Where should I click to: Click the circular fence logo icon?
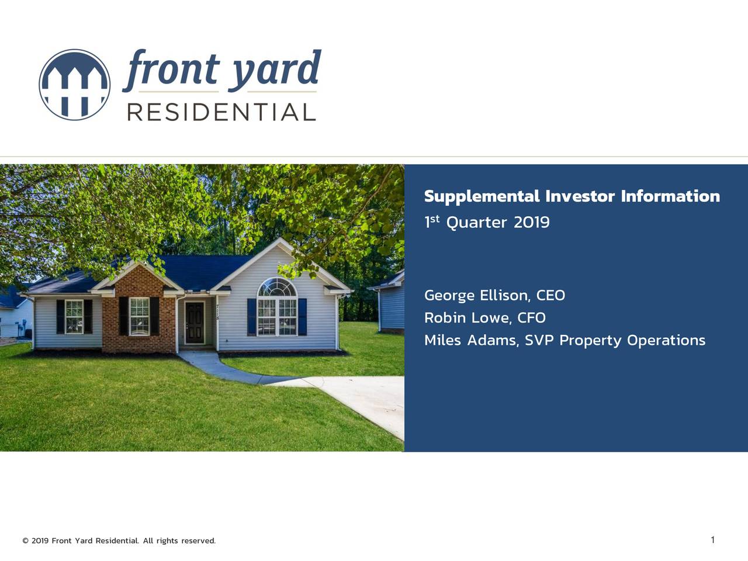[74, 85]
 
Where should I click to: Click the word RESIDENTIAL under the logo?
[221, 112]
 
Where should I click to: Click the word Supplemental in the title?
[482, 196]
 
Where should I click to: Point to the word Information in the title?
[670, 196]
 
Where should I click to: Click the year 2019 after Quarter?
[531, 223]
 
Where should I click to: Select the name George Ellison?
[476, 296]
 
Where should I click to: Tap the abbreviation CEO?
[550, 296]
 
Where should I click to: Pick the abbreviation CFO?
[531, 318]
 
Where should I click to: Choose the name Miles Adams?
[470, 340]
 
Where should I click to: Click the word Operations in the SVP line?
[666, 340]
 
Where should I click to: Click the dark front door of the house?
[195, 323]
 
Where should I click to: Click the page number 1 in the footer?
[712, 540]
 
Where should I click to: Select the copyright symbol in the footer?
[25, 541]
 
